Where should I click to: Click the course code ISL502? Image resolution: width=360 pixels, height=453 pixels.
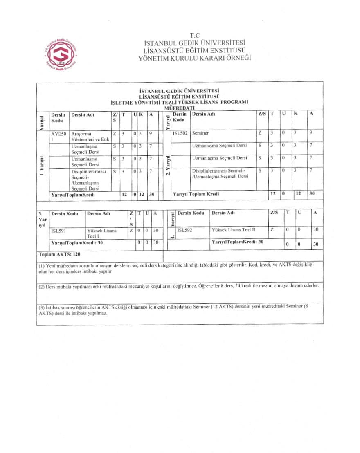[180, 133]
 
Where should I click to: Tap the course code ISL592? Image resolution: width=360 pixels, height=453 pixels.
[185, 230]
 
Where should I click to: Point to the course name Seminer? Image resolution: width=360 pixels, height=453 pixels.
[200, 133]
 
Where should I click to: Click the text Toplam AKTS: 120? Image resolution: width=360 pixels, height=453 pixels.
[59, 254]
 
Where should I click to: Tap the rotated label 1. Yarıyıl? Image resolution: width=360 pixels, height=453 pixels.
[42, 166]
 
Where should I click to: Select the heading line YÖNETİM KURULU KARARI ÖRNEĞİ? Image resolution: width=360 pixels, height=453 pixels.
[195, 58]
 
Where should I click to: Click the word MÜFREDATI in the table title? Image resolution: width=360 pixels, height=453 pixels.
[180, 108]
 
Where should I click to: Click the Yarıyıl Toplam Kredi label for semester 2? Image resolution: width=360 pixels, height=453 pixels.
[196, 194]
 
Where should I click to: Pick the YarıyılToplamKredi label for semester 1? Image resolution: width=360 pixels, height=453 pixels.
[73, 195]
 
